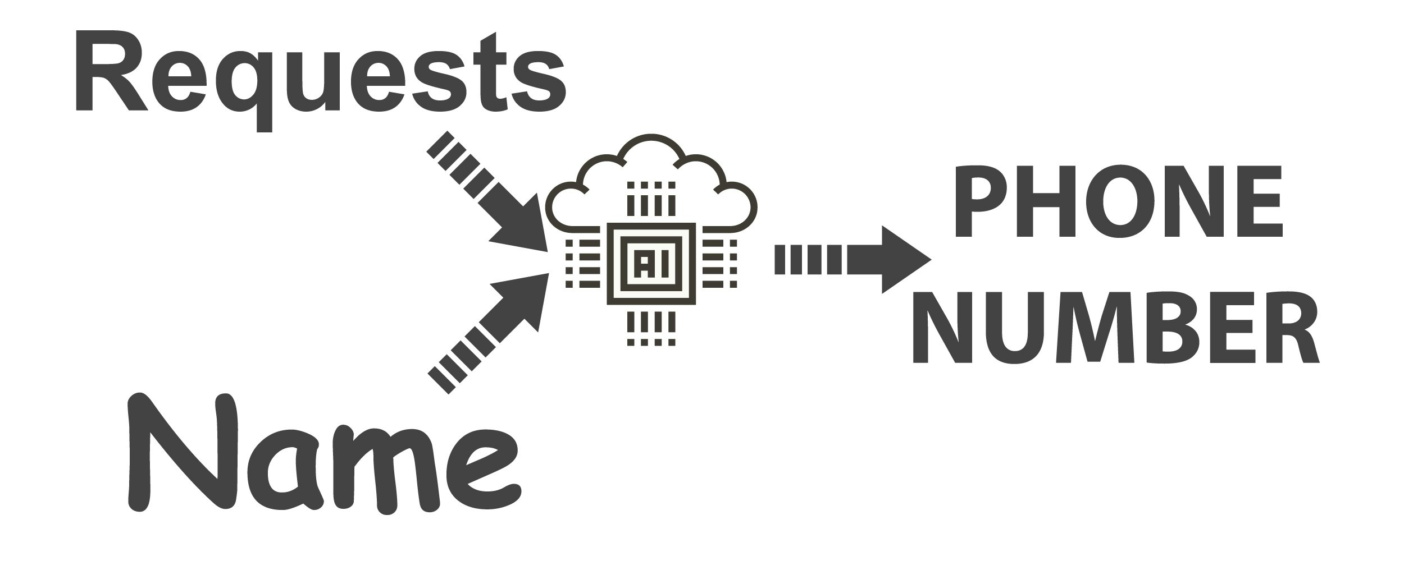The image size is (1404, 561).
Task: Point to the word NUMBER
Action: tap(1115, 328)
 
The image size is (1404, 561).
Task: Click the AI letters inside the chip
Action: tap(651, 264)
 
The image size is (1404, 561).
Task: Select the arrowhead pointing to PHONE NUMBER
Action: tap(899, 259)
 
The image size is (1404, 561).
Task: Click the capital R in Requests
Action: tap(110, 73)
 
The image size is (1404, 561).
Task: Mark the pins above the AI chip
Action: tap(651, 199)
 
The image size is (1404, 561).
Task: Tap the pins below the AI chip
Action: tap(651, 328)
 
